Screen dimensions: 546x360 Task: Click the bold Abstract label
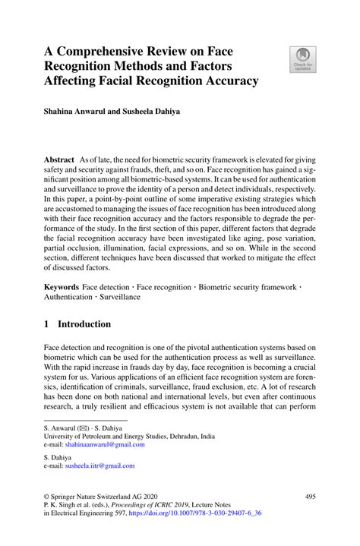click(x=58, y=161)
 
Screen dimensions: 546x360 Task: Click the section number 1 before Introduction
click(x=47, y=323)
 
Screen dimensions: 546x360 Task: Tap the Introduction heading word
click(x=84, y=323)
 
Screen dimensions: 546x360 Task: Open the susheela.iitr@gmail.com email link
click(x=99, y=466)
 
